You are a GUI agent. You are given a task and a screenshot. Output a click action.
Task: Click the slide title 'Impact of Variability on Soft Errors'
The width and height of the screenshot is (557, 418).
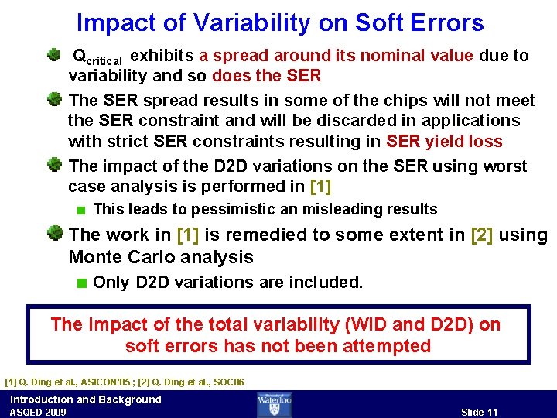(280, 23)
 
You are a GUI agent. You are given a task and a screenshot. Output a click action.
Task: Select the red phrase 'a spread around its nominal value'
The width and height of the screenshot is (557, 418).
(336, 56)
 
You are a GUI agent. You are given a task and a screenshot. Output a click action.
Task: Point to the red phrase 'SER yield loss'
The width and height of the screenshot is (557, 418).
(444, 142)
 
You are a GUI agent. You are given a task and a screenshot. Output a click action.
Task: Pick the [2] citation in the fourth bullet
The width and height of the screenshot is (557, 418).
(482, 235)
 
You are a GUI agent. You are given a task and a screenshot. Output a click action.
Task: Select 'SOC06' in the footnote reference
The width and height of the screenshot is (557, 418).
(227, 382)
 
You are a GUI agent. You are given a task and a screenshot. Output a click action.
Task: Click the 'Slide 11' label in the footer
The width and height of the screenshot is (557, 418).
(479, 412)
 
